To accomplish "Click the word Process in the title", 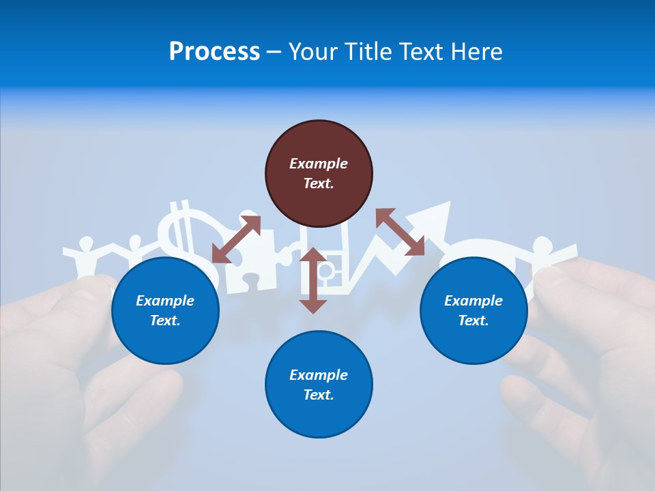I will click(x=214, y=51).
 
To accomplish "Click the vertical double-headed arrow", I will click(x=313, y=280).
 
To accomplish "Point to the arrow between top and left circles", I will click(x=236, y=239).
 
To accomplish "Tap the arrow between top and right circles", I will click(x=400, y=232).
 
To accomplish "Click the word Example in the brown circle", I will click(x=319, y=164).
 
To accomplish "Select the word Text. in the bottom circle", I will click(x=319, y=395).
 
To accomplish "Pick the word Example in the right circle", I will click(x=474, y=301).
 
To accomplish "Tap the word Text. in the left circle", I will click(x=165, y=321).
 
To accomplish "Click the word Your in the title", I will click(x=311, y=51).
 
